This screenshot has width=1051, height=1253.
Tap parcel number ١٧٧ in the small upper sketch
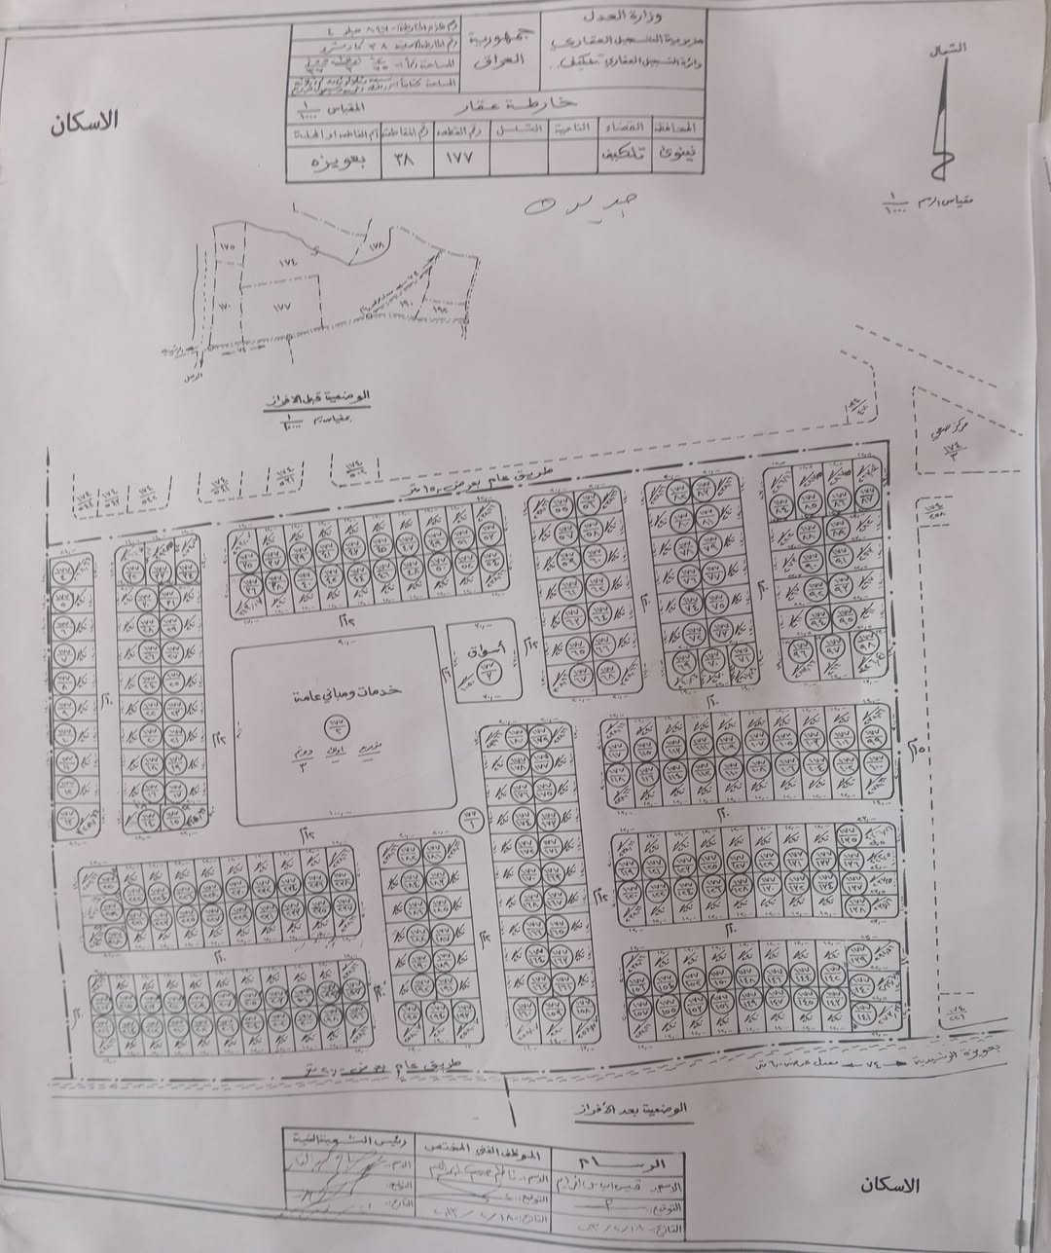[x=282, y=305]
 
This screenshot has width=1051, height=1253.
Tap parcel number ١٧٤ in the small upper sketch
[x=287, y=263]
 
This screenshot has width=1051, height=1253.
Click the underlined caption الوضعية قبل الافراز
[x=321, y=399]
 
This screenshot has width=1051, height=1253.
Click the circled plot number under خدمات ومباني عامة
[x=340, y=723]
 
